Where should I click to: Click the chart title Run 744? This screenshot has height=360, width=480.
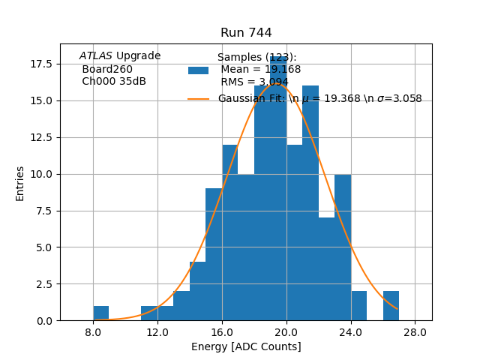(246, 33)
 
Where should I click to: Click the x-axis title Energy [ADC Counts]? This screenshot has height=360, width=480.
(246, 346)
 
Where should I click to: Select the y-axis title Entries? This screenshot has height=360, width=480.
(20, 183)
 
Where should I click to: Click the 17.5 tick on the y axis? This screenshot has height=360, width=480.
(41, 64)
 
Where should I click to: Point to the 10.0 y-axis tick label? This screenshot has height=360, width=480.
(41, 174)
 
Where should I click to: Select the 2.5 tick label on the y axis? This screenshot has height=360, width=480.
(44, 284)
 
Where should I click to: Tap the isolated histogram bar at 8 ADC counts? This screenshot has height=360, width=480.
(101, 313)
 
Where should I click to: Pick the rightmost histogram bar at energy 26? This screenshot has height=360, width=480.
(391, 306)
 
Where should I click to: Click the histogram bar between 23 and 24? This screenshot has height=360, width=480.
(343, 247)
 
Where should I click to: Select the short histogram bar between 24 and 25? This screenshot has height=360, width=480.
(359, 306)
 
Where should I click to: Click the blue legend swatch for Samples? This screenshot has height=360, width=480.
(198, 70)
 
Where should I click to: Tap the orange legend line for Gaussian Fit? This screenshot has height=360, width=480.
(198, 99)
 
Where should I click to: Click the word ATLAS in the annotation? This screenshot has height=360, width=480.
(96, 56)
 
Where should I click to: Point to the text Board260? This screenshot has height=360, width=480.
(107, 70)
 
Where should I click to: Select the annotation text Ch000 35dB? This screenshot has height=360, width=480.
(114, 82)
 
